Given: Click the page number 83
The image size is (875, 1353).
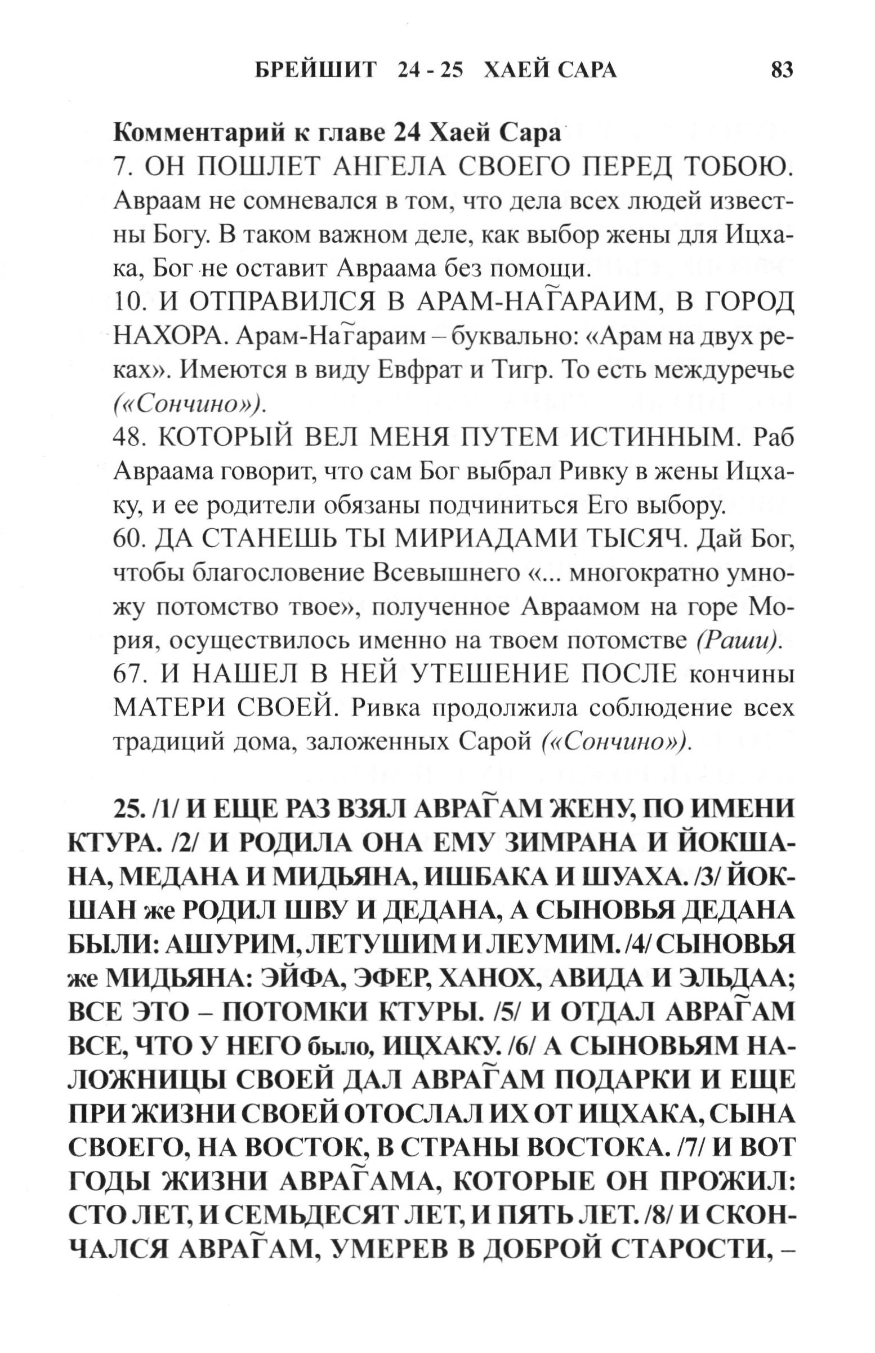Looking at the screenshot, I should (x=782, y=70).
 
